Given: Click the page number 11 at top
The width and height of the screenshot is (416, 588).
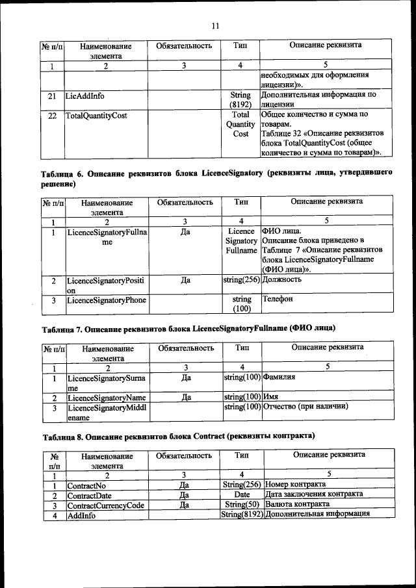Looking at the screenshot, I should coord(216,26).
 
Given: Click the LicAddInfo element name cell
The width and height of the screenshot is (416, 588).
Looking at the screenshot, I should coord(84,96).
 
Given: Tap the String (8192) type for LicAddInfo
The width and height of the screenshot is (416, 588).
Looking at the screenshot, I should coord(240,99).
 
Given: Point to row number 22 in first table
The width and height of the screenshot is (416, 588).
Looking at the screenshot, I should coord(52,116).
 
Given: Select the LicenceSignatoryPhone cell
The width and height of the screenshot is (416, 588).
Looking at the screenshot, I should coord(107,300).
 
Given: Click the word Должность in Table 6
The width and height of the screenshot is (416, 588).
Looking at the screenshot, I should coord(281,280).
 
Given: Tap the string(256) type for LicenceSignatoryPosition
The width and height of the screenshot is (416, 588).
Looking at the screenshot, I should coord(241,280).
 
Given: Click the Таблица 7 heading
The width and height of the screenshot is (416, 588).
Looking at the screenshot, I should coord(188,327).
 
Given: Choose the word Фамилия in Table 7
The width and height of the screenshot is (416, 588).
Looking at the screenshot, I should coord(280,377).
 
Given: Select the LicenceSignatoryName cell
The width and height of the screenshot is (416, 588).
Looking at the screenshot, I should coord(106,398).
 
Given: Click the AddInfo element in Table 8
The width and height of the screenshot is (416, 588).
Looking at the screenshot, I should coord(81,515).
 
